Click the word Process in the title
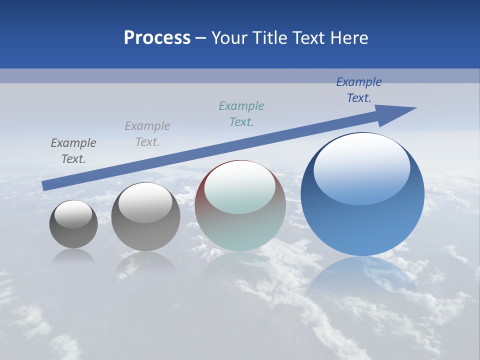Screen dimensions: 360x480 pos(157,38)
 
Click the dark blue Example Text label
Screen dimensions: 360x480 pos(359,90)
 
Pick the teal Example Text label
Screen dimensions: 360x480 pos(241,114)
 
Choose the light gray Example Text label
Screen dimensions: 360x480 pos(147,134)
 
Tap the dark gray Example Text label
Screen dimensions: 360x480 pos(73,151)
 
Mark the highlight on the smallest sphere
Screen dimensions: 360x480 pos(73,214)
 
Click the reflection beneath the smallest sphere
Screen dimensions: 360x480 pos(73,256)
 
